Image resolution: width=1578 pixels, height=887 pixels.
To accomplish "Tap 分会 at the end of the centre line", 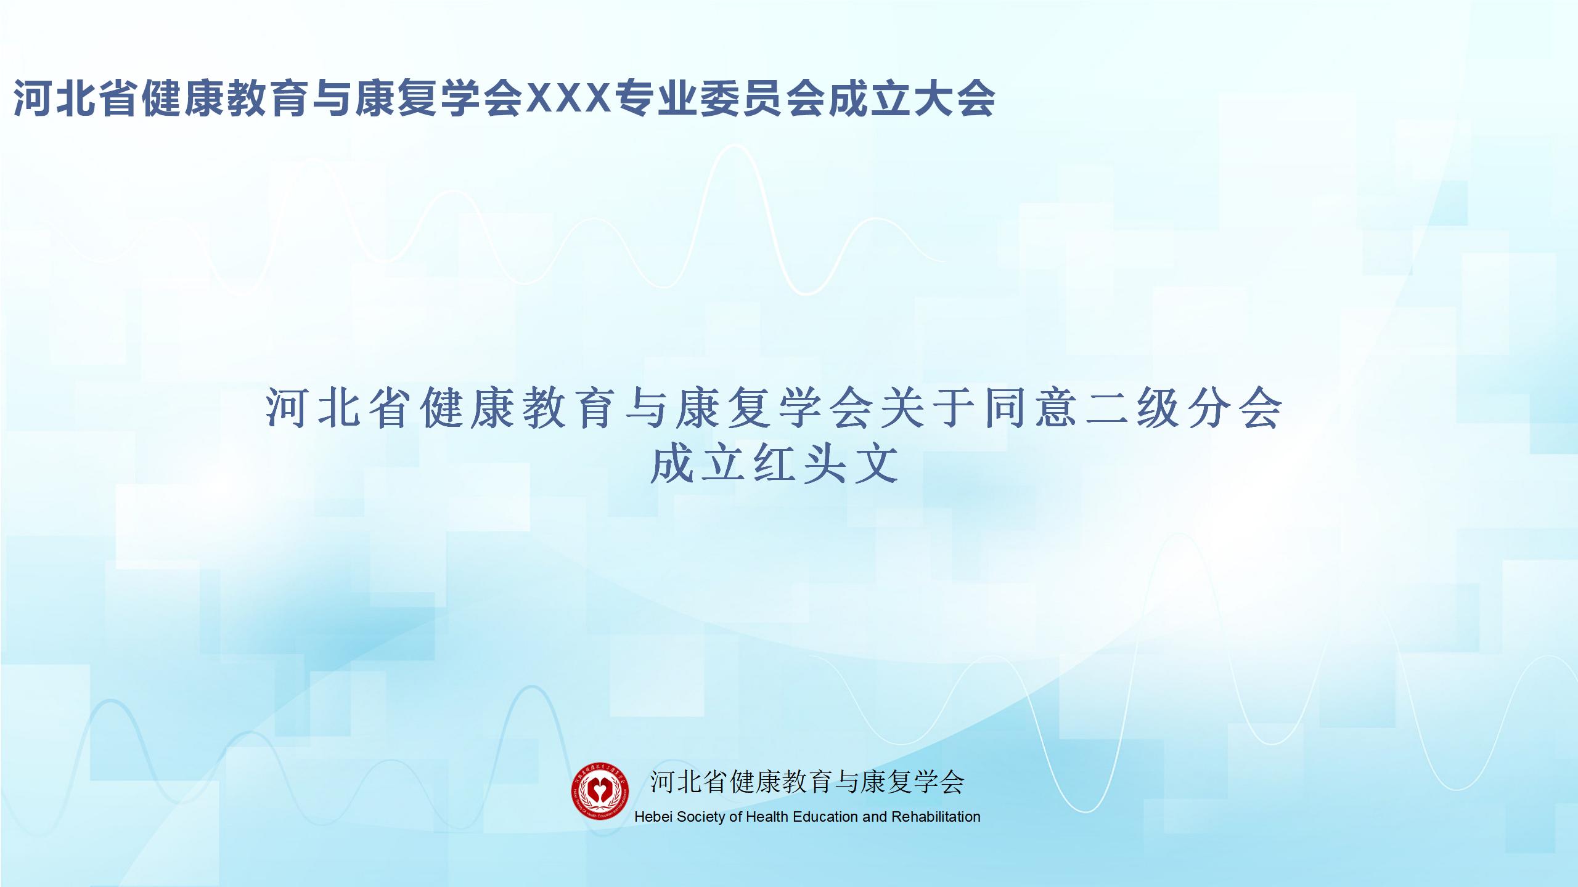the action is pos(1236,408).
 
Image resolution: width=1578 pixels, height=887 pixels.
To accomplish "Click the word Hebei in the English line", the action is pos(653,817).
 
